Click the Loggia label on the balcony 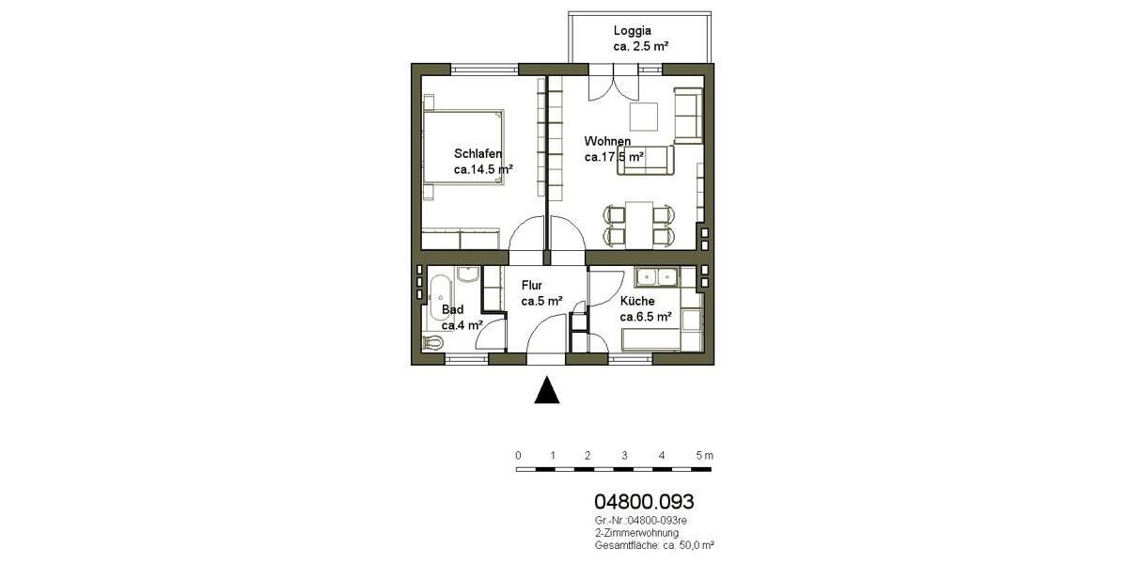[x=632, y=30]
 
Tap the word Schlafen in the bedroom [x=478, y=154]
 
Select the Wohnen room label [x=606, y=142]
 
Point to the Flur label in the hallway [x=532, y=284]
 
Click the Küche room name [x=637, y=301]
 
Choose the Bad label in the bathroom [x=452, y=309]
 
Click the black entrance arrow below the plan [x=547, y=390]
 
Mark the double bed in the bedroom [x=462, y=150]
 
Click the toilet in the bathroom [x=433, y=342]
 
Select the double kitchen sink [x=657, y=276]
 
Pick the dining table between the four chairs [x=639, y=225]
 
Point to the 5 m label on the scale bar [x=704, y=455]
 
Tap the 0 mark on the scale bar [x=518, y=455]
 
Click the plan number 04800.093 [x=644, y=503]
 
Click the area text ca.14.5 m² [x=483, y=170]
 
